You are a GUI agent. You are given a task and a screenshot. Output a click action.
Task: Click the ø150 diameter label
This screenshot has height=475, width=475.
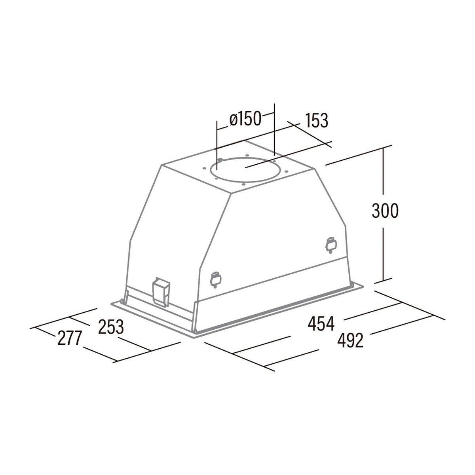click(x=245, y=119)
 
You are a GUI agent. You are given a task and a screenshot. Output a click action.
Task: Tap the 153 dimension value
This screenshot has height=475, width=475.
click(x=317, y=120)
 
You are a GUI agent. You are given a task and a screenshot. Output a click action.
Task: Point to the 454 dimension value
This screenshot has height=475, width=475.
click(x=321, y=323)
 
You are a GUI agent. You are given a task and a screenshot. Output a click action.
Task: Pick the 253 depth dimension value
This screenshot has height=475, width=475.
click(x=111, y=327)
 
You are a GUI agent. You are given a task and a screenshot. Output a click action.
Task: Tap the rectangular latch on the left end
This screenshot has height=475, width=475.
click(x=161, y=292)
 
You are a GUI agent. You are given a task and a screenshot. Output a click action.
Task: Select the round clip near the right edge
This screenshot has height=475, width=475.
click(x=331, y=245)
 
